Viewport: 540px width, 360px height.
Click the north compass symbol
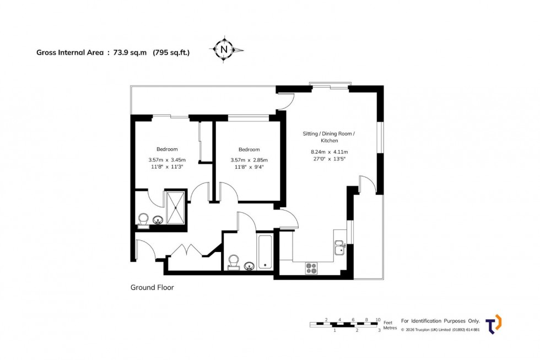224,50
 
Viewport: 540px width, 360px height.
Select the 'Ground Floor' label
152,287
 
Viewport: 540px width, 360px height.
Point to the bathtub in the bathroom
266,252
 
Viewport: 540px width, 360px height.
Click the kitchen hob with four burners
311,268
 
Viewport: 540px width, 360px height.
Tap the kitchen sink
339,248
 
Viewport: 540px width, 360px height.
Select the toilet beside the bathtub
234,261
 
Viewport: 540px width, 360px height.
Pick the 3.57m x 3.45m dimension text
167,160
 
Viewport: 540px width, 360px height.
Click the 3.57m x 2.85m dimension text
249,160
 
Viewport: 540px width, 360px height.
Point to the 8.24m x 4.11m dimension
330,152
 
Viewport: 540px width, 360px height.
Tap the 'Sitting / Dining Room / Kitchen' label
330,137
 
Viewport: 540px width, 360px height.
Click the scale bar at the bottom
345,324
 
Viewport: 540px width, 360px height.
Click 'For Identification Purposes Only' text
440,321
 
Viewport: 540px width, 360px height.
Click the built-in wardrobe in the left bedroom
205,142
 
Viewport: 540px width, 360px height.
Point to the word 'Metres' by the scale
390,328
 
